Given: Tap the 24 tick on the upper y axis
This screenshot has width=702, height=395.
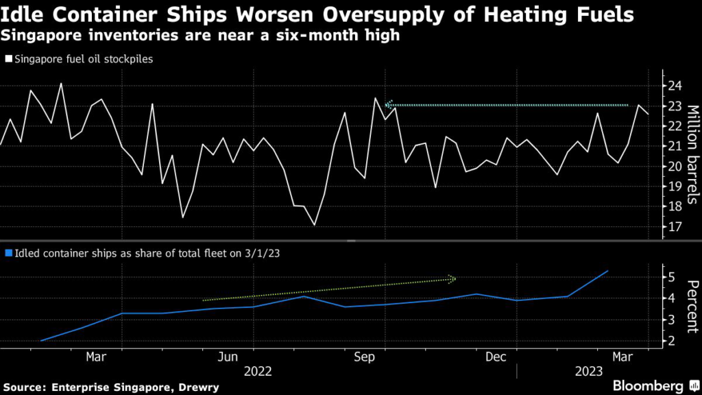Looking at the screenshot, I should pos(675,86).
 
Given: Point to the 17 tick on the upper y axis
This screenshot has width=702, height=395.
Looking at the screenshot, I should pos(675,226).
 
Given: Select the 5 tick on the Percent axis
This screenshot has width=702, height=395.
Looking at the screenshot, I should pos(673,277).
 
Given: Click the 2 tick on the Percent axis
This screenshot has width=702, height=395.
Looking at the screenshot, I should pos(673,341).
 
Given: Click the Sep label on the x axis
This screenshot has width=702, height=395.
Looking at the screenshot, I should pos(363,357).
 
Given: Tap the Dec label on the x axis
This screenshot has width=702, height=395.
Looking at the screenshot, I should pos(496,357).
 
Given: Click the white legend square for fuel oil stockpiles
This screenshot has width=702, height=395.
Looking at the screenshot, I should pos(8,59).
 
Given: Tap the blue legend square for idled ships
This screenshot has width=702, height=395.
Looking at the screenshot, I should pos(8,252).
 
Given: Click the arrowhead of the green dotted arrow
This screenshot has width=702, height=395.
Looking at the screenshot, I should pos(452,278).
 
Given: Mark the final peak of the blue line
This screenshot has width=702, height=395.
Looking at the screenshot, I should pos(608,271).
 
